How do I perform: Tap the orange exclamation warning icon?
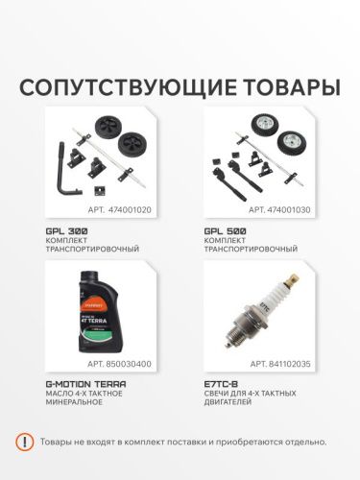[x=26, y=442]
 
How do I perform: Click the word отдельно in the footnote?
[x=300, y=442]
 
